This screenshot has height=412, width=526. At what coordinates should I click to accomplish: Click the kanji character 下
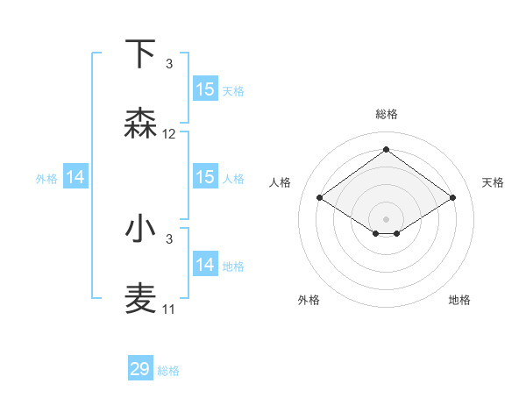pos(141,53)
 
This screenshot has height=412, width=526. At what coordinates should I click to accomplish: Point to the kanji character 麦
pos(141,299)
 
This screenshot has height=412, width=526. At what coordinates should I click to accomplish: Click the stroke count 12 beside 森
pos(169,134)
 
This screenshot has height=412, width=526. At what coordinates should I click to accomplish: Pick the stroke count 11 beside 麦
pos(169,309)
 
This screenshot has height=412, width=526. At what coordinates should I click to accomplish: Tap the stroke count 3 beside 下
pos(169,64)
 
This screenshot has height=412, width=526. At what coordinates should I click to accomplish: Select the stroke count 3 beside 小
pos(169,239)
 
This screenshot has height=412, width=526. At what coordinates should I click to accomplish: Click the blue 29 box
pos(140,369)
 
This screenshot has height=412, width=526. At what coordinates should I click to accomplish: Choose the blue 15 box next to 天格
pos(205,89)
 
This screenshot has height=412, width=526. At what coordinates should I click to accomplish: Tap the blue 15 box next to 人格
pos(205,177)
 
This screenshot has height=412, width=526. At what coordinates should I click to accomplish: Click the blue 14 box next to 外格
pos(75,177)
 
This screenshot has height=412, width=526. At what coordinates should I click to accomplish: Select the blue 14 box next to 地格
pos(205,265)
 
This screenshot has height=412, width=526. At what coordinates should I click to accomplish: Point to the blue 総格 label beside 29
pos(168,371)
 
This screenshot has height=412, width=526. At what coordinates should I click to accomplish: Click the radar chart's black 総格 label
pos(386,114)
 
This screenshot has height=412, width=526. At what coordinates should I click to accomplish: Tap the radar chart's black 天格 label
pos(493,182)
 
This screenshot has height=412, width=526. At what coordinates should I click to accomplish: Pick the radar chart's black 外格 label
pos(309,300)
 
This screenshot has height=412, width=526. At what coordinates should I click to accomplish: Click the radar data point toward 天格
pos(452,198)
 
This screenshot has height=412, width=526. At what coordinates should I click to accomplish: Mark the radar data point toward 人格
pos(320,198)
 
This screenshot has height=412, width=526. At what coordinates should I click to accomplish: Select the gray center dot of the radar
pos(386,218)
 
